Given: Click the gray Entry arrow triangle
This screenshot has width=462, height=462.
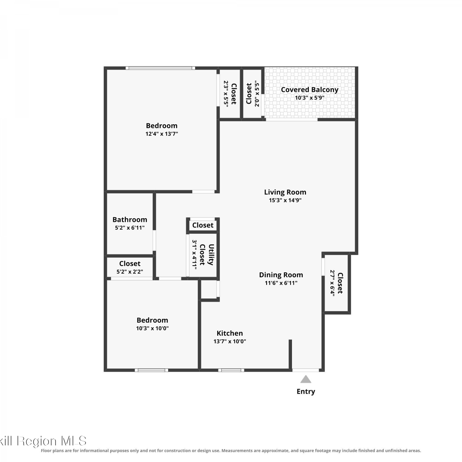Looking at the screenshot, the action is (306, 379).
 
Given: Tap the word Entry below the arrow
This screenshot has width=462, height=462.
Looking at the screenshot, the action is (306, 391).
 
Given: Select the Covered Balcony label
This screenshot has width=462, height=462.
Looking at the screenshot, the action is (310, 90).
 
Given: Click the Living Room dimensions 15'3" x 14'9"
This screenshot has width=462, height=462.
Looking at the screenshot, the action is (285, 200).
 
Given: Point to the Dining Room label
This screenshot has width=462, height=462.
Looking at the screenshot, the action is (281, 275).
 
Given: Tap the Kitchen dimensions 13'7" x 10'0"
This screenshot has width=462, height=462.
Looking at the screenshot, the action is (229, 341).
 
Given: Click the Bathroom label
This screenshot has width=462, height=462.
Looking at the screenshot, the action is (130, 220).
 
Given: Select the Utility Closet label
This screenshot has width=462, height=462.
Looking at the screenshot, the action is (207, 255).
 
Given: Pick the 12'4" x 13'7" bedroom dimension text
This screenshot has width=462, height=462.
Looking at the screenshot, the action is (162, 134).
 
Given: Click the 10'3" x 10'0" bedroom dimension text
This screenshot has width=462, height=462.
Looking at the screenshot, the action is (152, 328).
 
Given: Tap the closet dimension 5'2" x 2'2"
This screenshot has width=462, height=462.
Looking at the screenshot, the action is (130, 272).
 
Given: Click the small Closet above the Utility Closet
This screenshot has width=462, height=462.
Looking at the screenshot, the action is (203, 225).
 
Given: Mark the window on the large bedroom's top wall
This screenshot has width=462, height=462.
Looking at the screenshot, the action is (160, 68).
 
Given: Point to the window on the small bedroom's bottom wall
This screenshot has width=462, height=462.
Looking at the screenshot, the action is (152, 370).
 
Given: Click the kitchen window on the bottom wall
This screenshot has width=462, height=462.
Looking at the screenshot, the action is (231, 370).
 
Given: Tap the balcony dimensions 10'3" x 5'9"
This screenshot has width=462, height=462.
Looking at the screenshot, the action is (310, 98).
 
